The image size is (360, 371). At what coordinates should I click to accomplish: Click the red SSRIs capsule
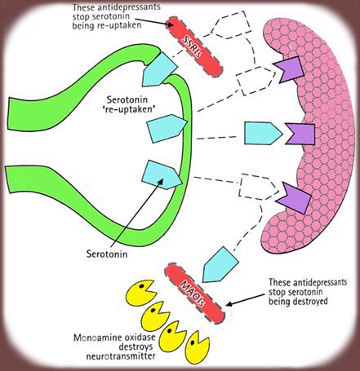pyautogui.click(x=194, y=46)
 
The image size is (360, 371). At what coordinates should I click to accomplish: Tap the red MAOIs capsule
pyautogui.click(x=195, y=294)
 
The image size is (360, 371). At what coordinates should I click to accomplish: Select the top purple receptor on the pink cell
pyautogui.click(x=290, y=70)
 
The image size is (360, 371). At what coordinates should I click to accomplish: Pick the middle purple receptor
pyautogui.click(x=300, y=134)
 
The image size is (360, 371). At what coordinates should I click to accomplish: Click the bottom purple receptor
pyautogui.click(x=294, y=198)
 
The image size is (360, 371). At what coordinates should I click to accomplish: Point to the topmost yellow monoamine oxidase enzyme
pyautogui.click(x=141, y=293)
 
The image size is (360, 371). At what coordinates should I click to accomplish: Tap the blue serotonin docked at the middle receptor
pyautogui.click(x=263, y=133)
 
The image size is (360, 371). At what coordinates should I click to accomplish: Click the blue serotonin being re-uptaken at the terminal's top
pyautogui.click(x=159, y=69)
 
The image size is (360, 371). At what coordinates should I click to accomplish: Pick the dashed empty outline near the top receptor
pyautogui.click(x=256, y=81)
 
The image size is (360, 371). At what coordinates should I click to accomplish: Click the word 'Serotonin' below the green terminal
pyautogui.click(x=107, y=254)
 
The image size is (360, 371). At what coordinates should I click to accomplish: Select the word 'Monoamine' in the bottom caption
pyautogui.click(x=94, y=338)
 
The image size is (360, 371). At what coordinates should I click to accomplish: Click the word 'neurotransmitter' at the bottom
pyautogui.click(x=121, y=356)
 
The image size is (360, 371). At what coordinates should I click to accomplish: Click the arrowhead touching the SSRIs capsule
pyautogui.click(x=171, y=24)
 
